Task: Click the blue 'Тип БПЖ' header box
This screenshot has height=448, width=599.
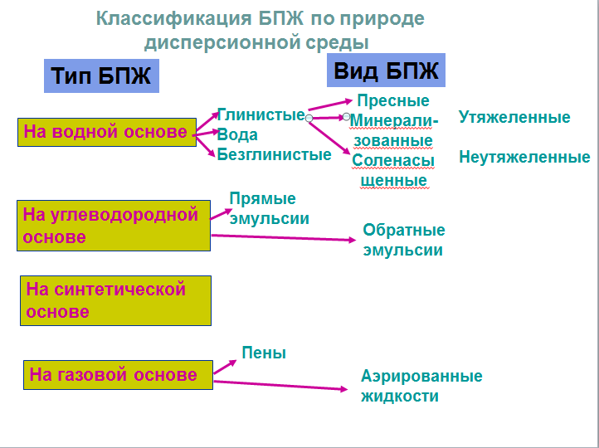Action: (101, 75)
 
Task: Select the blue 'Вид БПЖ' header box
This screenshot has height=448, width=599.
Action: (386, 71)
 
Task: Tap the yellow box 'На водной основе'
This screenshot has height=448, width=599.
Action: (107, 132)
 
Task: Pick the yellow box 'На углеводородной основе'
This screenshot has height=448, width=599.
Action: (114, 226)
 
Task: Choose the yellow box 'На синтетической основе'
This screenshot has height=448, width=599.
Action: (115, 300)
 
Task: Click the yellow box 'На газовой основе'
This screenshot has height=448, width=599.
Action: (118, 375)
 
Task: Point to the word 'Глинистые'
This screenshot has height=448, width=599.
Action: (261, 114)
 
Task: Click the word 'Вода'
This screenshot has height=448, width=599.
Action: (237, 135)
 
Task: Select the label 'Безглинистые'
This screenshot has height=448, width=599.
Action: (275, 154)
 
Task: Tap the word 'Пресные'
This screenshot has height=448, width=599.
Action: (393, 101)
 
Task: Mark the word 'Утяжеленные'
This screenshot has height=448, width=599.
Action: (514, 117)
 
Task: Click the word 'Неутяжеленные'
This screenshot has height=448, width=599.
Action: (524, 157)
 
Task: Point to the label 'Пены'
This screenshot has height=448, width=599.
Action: (264, 353)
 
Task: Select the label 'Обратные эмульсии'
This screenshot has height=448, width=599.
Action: (404, 240)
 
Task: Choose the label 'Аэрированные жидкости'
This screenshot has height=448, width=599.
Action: (421, 386)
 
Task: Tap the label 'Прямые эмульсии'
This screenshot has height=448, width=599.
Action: (270, 208)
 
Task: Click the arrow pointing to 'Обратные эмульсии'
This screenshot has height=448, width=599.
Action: (284, 237)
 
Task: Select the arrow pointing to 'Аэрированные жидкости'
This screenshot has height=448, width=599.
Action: (280, 386)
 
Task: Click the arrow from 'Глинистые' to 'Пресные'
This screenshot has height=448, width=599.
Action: (330, 105)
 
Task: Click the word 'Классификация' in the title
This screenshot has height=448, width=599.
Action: (174, 18)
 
